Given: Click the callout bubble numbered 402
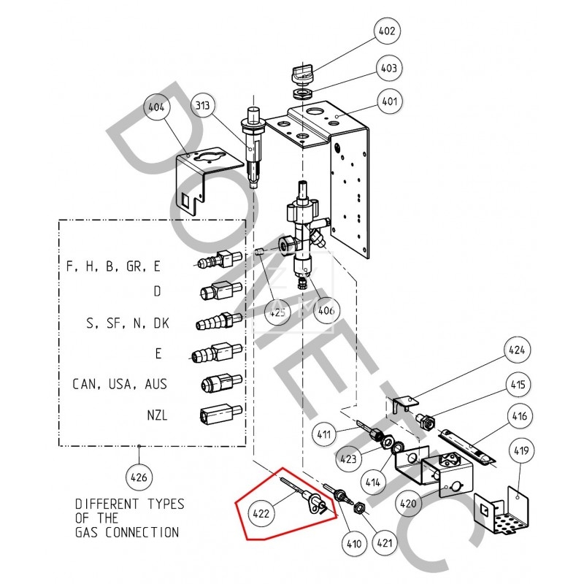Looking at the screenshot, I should [x=386, y=31].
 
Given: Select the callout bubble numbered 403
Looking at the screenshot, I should [x=389, y=68].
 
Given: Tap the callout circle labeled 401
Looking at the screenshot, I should [x=389, y=101].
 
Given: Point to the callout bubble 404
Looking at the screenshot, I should [x=156, y=107].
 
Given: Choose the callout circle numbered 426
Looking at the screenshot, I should [x=138, y=478].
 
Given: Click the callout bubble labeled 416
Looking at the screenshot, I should [x=519, y=418].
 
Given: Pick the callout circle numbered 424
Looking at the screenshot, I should [x=517, y=350].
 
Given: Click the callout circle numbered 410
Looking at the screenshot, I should [x=354, y=543].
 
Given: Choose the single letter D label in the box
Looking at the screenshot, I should [x=157, y=291].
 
